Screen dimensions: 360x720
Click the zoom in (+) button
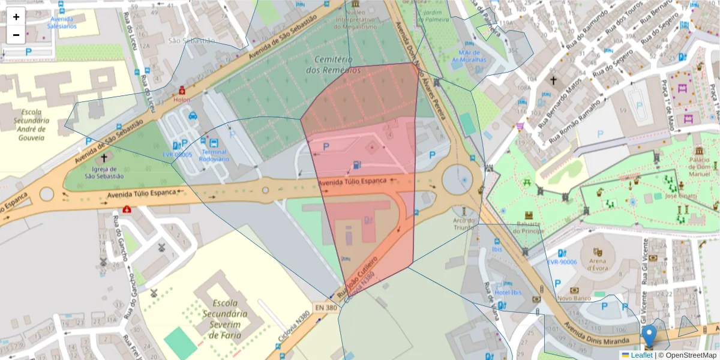pos(16,17)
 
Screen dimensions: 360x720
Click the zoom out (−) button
pos(16,35)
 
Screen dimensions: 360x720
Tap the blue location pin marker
pos(649,335)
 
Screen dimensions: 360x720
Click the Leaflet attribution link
pos(641,355)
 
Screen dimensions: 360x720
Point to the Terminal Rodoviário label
pos(214,155)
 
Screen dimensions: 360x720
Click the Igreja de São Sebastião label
pos(104,172)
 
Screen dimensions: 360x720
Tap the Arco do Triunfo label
pos(463,224)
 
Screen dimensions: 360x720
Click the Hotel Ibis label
pos(508,293)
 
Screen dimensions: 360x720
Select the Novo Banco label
pos(574,298)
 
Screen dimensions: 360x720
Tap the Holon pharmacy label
pos(181,100)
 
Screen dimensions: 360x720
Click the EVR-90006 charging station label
pos(562,262)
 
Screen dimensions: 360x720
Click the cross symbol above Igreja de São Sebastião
pos(104,158)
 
